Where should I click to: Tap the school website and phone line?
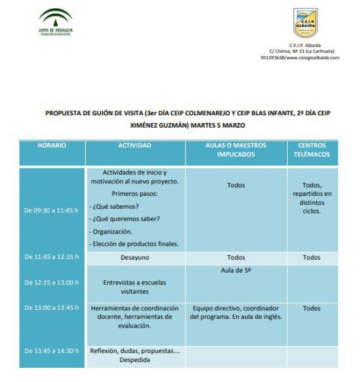[x=300, y=58]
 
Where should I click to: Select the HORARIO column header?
[x=52, y=145]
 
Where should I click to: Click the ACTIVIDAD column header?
[x=135, y=145]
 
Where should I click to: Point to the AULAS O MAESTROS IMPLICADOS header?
[x=236, y=150]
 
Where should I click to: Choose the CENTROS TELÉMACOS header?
[x=311, y=150]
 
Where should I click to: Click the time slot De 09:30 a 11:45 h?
[x=52, y=209]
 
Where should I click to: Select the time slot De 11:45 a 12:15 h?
[x=52, y=257]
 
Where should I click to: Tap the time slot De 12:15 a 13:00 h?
[x=52, y=282]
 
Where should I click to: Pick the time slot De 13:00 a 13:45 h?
[x=52, y=307]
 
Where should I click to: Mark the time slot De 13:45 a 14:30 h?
[x=52, y=351]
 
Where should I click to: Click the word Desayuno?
[x=135, y=258]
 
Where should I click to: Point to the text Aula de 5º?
[x=236, y=270]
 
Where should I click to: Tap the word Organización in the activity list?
[x=112, y=231]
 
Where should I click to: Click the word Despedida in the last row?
[x=135, y=360]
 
